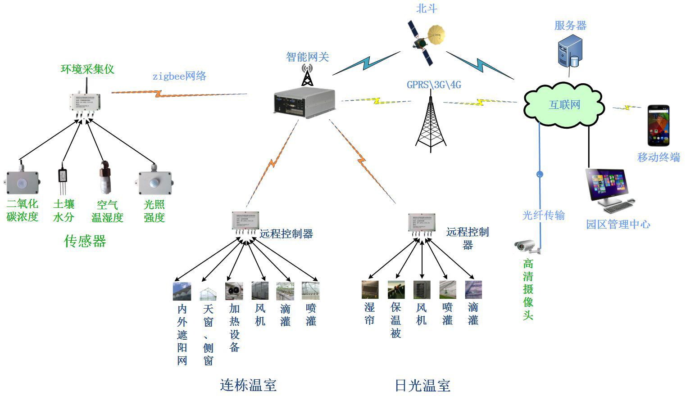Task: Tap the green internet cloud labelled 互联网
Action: tap(564, 104)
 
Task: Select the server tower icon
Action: tap(569, 52)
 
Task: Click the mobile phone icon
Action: tap(658, 126)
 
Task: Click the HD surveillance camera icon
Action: tap(526, 246)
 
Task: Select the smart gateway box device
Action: tap(305, 103)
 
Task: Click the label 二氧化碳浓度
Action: tap(22, 211)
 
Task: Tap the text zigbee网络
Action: tap(179, 76)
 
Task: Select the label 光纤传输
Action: tap(543, 215)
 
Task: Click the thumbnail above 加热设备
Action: tap(234, 291)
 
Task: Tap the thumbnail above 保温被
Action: tap(396, 290)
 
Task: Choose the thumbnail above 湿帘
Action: tap(370, 290)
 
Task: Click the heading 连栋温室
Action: tap(248, 385)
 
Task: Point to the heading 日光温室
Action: tap(422, 386)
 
